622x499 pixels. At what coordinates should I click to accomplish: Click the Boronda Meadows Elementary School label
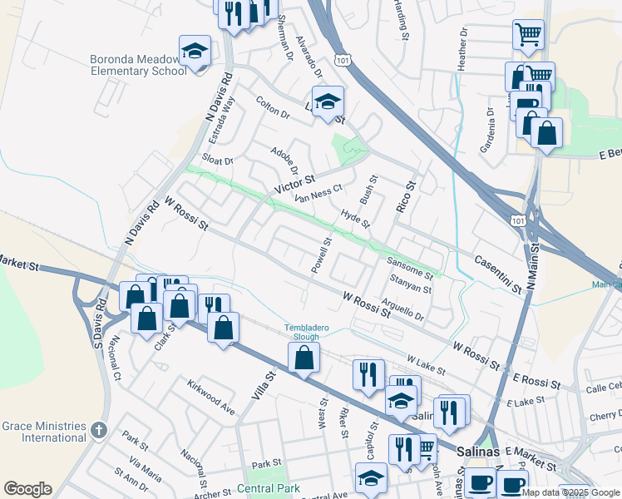(x=138, y=65)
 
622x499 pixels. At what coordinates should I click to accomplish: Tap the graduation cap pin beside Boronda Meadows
(x=195, y=52)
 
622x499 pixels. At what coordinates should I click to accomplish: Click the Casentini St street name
(x=498, y=274)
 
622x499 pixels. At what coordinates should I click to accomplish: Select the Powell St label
(x=321, y=255)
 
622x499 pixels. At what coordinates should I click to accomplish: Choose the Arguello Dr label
(x=402, y=309)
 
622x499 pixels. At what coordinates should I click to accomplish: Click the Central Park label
(x=266, y=488)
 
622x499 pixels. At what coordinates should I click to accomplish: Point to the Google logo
(x=27, y=489)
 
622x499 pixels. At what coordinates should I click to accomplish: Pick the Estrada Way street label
(x=221, y=116)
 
